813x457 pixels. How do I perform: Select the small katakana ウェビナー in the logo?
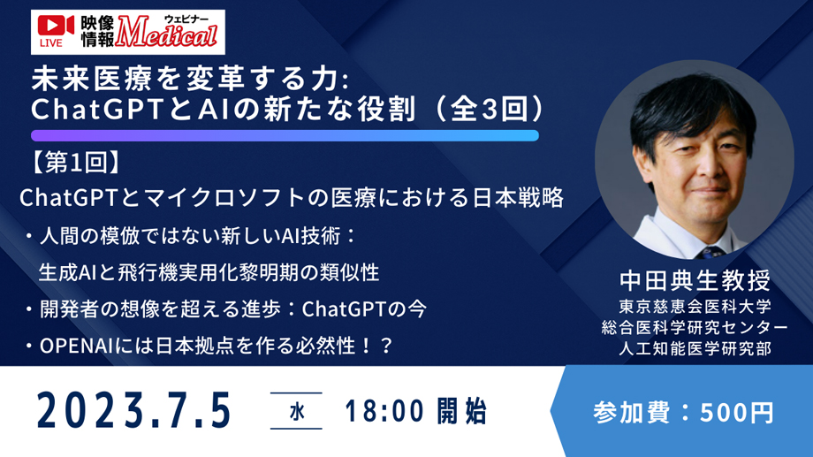[x=186, y=19]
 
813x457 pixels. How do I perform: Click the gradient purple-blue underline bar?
[x=285, y=136]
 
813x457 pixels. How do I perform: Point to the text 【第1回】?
[x=76, y=163]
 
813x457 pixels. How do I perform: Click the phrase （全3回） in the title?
[x=489, y=110]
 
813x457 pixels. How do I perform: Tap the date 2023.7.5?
[x=133, y=411]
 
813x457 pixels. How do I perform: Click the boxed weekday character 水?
[x=297, y=412]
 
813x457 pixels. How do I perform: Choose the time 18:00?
[x=384, y=412]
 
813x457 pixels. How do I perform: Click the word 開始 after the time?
[x=462, y=412]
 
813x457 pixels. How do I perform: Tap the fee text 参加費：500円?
[x=683, y=413]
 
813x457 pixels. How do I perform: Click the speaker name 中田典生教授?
[x=695, y=280]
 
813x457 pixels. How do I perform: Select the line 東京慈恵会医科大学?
[x=695, y=307]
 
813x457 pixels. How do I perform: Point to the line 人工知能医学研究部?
[x=695, y=348]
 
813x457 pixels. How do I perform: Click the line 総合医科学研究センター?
[x=695, y=327]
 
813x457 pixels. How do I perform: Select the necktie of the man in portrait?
[x=710, y=253]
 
